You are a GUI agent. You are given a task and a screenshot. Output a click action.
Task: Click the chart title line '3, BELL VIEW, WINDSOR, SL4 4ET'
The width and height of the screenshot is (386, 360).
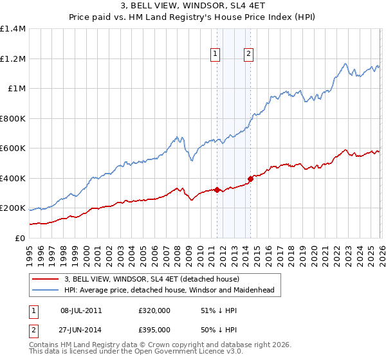click(193, 6)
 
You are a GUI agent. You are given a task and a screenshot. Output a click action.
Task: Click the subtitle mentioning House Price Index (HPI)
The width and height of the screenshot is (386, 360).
click(193, 17)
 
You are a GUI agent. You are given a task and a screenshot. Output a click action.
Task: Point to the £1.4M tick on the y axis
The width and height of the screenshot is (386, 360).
click(13, 29)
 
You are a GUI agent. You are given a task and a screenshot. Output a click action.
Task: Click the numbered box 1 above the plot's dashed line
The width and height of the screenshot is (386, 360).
click(214, 55)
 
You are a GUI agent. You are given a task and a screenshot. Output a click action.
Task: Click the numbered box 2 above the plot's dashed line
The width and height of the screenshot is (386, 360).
click(248, 55)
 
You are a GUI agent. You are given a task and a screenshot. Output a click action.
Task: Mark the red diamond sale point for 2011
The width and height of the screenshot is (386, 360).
click(217, 190)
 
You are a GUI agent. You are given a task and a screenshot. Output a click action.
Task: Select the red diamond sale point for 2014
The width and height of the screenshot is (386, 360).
click(250, 179)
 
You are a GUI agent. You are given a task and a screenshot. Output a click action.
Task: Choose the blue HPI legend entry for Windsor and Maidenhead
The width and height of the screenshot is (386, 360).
click(169, 291)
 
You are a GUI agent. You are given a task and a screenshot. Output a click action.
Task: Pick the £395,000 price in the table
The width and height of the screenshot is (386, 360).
click(154, 329)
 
